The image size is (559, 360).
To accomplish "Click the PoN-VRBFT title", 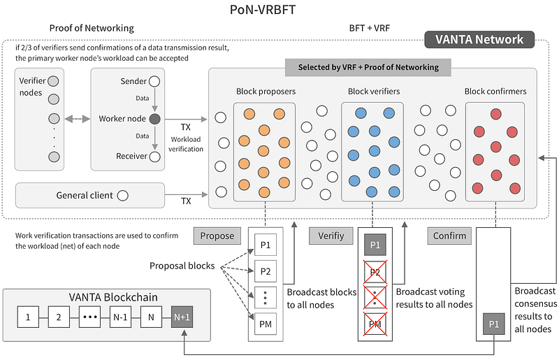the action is [x=263, y=10].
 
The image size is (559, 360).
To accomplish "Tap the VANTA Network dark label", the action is [x=479, y=39].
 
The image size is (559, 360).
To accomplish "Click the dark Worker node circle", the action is [x=154, y=119].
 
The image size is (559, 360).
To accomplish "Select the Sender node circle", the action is [x=154, y=81].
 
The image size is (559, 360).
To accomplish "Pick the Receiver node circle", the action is [x=154, y=157].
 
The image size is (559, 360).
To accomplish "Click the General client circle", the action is [x=123, y=196].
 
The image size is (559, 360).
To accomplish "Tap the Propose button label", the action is [x=217, y=236].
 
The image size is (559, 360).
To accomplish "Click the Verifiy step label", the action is [x=331, y=236].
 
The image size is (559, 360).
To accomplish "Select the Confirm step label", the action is [x=449, y=236].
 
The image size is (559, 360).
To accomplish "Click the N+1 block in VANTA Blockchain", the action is [x=182, y=317].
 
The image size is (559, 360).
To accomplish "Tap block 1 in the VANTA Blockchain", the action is [x=28, y=317].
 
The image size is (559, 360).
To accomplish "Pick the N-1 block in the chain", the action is [x=120, y=317].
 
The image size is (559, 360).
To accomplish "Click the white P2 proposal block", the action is [x=266, y=271].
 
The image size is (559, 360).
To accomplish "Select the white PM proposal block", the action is [x=266, y=324].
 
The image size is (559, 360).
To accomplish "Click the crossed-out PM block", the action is [x=375, y=324].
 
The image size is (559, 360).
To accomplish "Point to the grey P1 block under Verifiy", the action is [x=375, y=245].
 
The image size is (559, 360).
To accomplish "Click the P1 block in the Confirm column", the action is [x=494, y=324].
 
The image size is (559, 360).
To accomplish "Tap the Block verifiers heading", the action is [x=374, y=92].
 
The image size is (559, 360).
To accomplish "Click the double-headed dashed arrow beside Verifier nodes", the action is [x=77, y=119].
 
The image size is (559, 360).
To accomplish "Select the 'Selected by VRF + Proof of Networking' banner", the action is [x=368, y=67].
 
